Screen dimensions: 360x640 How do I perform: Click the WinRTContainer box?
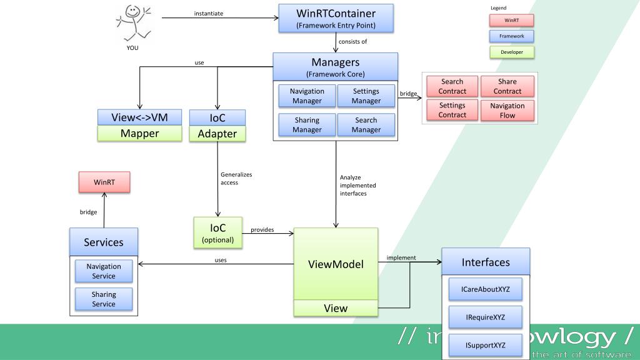tap(336, 18)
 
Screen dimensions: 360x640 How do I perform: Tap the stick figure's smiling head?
tap(132, 12)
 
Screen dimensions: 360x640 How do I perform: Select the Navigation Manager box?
tap(307, 96)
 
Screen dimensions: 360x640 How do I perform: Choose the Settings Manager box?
tap(366, 96)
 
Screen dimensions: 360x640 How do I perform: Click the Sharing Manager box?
tap(307, 125)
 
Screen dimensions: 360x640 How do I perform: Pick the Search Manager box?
tap(366, 125)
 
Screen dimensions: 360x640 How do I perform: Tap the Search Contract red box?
tap(452, 86)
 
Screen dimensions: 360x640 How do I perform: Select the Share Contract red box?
tap(507, 86)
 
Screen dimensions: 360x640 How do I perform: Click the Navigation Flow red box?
tap(507, 111)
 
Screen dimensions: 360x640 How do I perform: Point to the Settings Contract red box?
tap(452, 111)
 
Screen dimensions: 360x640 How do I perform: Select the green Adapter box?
tap(217, 133)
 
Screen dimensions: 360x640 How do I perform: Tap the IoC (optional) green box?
tap(217, 232)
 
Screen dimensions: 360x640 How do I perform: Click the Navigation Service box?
tap(104, 271)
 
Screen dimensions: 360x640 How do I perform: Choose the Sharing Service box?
tap(104, 299)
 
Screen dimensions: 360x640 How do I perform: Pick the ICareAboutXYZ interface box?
tap(485, 289)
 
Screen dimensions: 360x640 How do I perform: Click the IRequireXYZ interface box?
tap(485, 317)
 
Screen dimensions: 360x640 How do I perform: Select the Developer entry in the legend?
tap(512, 52)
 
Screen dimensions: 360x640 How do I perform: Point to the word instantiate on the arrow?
tap(209, 13)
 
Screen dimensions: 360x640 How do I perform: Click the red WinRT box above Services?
tap(103, 182)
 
